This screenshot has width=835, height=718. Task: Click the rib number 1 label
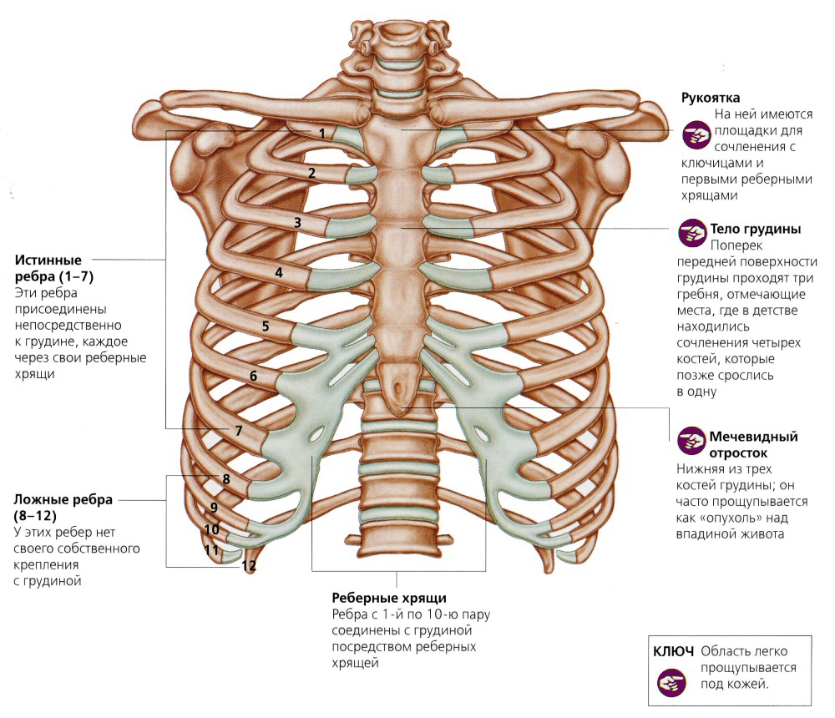(x=322, y=133)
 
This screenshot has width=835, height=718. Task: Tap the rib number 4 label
(x=279, y=273)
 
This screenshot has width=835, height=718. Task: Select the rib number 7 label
(x=239, y=430)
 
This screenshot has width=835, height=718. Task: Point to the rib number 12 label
(x=249, y=566)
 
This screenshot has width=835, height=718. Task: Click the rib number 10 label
(x=211, y=529)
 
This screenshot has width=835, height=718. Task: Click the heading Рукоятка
(x=711, y=98)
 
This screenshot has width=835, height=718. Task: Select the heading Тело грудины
(x=756, y=229)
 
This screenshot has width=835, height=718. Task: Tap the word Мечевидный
(x=753, y=437)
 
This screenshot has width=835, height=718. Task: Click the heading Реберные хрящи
(x=389, y=598)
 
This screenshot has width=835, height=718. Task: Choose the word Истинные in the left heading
(x=48, y=260)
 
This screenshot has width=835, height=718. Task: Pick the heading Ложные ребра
(x=63, y=499)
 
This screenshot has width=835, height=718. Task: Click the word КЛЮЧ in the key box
(x=673, y=651)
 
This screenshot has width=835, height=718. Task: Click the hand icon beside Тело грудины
(x=691, y=233)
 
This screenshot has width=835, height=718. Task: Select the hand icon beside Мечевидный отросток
(x=691, y=441)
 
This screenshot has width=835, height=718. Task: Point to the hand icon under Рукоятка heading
(x=696, y=134)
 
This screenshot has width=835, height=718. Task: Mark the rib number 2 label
(x=311, y=173)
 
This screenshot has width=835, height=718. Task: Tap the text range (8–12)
(x=35, y=516)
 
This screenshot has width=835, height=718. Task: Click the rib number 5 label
(x=266, y=326)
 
